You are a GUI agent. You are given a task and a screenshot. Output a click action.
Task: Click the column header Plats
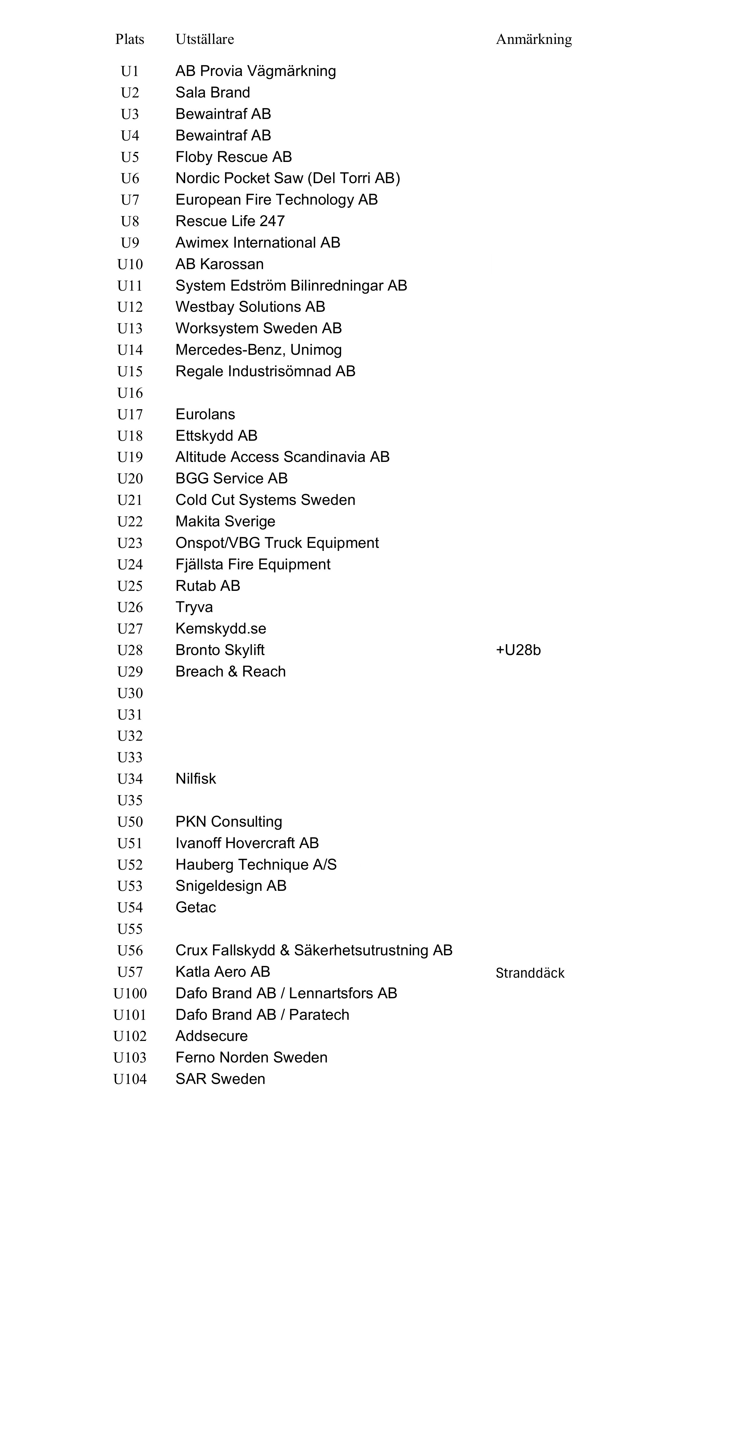tap(130, 39)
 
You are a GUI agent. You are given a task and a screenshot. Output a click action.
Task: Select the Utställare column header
tap(205, 39)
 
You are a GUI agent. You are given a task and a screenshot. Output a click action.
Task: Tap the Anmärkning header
tap(533, 39)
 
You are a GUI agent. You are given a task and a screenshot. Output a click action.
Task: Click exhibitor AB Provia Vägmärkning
tap(256, 71)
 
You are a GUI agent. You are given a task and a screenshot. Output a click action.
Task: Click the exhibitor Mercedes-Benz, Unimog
tap(258, 350)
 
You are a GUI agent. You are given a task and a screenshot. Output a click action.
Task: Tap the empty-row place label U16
tap(130, 393)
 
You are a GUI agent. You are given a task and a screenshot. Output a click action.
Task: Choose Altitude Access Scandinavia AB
tap(282, 457)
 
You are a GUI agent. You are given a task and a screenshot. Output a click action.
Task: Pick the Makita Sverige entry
tap(225, 522)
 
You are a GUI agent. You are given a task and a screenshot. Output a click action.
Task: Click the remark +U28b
tap(518, 650)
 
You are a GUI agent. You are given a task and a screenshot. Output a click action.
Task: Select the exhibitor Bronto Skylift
tap(220, 650)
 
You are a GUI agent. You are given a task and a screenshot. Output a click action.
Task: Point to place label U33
tap(130, 758)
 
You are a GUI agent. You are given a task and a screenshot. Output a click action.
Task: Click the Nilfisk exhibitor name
tap(196, 779)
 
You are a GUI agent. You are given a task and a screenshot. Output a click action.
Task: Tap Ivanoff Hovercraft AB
tap(247, 843)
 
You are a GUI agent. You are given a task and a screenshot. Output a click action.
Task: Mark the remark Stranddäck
tap(529, 973)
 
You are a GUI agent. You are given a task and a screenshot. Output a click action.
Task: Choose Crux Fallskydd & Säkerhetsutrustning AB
tap(314, 951)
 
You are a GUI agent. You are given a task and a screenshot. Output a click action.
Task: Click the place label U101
tap(130, 1015)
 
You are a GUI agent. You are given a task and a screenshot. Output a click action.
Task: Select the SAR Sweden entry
tap(220, 1079)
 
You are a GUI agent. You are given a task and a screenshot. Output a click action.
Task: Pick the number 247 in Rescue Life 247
tap(272, 221)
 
